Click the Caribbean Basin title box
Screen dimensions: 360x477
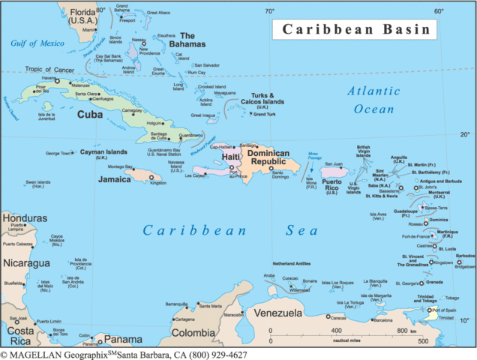click(x=355, y=30)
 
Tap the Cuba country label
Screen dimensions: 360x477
click(x=90, y=115)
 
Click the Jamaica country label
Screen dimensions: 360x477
click(x=115, y=180)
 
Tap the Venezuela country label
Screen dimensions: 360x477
click(x=277, y=312)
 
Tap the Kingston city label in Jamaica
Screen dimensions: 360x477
click(x=157, y=183)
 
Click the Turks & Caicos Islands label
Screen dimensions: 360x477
click(x=262, y=98)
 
